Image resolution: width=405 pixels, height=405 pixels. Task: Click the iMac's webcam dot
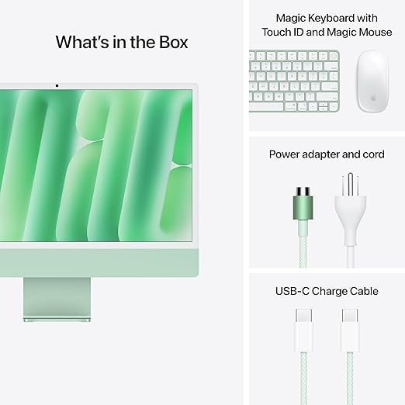(56, 84)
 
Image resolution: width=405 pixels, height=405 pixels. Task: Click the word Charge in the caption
(329, 291)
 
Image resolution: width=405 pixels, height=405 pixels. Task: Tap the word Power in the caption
(284, 154)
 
